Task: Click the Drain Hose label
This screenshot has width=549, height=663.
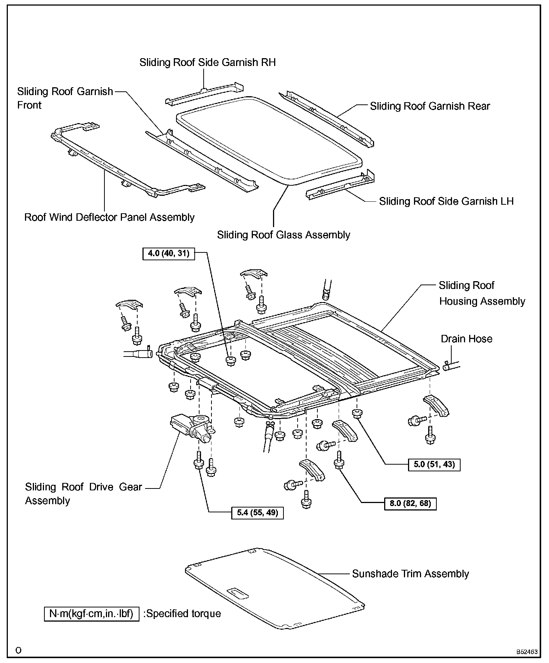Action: [x=466, y=339]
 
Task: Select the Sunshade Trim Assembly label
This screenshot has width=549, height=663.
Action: [x=410, y=574]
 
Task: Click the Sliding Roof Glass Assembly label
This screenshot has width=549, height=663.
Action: [x=283, y=235]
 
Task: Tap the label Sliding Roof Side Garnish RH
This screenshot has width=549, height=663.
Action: [x=208, y=62]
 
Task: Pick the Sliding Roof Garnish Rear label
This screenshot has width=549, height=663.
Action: [x=430, y=106]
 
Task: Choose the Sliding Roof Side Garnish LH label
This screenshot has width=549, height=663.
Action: [x=446, y=201]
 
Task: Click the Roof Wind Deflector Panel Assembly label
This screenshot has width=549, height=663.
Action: [x=109, y=217]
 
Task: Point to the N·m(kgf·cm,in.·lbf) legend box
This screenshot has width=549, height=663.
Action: [x=91, y=613]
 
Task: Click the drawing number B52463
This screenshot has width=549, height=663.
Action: [x=527, y=652]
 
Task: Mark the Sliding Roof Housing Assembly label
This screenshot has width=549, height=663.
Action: [x=481, y=293]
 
